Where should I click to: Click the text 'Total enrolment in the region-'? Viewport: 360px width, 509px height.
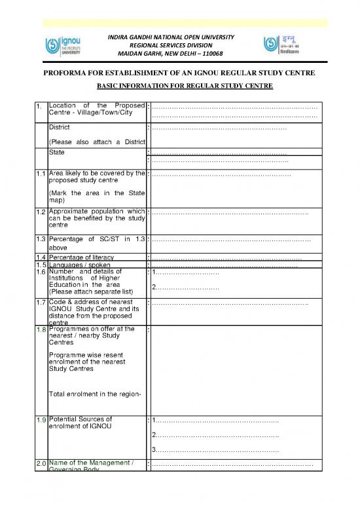pyautogui.click(x=96, y=394)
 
